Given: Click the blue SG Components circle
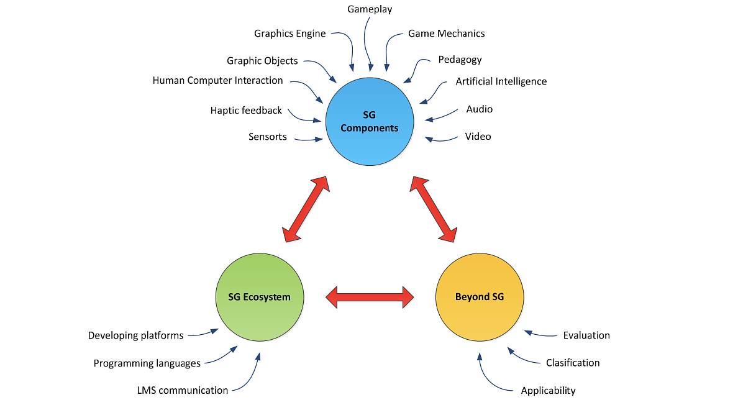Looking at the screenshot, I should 370,122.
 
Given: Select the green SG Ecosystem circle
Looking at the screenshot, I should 260,297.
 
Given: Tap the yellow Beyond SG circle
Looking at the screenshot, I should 480,297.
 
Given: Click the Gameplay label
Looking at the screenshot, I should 370,9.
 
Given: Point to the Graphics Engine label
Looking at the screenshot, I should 289,34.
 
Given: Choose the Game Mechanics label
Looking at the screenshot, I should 446,34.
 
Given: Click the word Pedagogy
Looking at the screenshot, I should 460,60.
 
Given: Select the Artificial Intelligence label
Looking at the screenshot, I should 501,81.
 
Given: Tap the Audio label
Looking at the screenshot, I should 479,109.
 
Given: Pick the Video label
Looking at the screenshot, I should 478,137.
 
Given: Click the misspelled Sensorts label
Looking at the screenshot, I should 267,137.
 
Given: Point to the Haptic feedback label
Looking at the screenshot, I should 246,111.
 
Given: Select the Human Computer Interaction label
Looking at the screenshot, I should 217,81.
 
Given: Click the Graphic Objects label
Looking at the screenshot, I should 262,61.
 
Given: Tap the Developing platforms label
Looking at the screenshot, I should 135,335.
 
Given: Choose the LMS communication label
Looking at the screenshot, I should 182,391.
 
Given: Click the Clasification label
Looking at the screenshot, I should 572,363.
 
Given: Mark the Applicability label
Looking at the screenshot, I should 548,391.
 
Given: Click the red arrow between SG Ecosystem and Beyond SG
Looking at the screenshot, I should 370,297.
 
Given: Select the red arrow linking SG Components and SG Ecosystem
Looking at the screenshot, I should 304,209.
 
